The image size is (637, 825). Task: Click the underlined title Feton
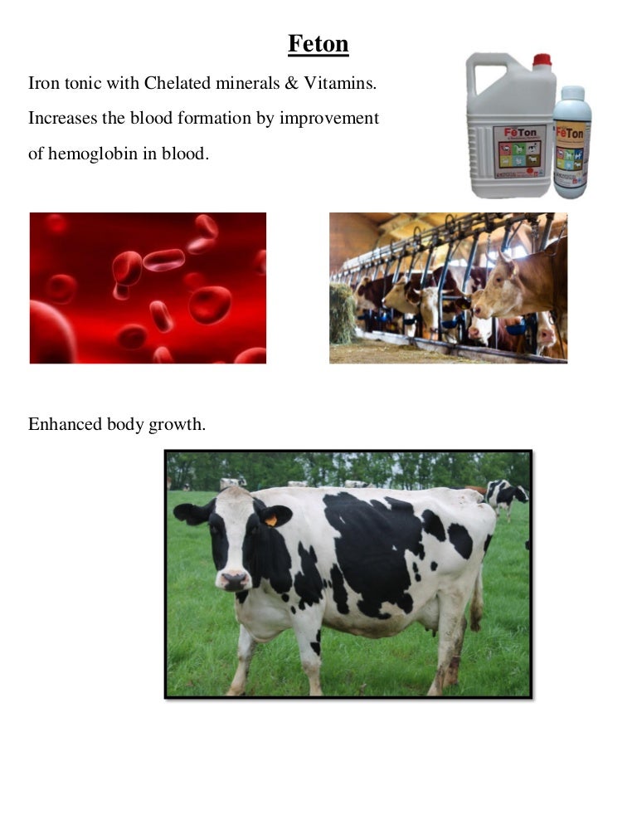(x=318, y=43)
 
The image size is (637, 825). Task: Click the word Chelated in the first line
(x=180, y=84)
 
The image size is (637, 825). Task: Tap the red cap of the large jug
(x=542, y=60)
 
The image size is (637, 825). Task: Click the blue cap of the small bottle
(x=572, y=92)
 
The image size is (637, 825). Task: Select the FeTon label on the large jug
(x=520, y=150)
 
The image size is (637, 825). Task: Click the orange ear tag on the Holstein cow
(x=270, y=520)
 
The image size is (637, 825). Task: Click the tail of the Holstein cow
(x=477, y=598)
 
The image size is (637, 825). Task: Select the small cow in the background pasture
(x=504, y=495)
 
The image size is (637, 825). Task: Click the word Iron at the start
(x=44, y=84)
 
